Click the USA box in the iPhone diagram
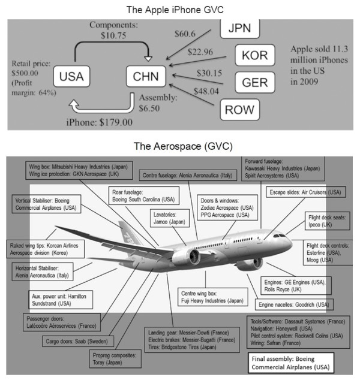71,77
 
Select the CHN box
146,77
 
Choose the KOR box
254,55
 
